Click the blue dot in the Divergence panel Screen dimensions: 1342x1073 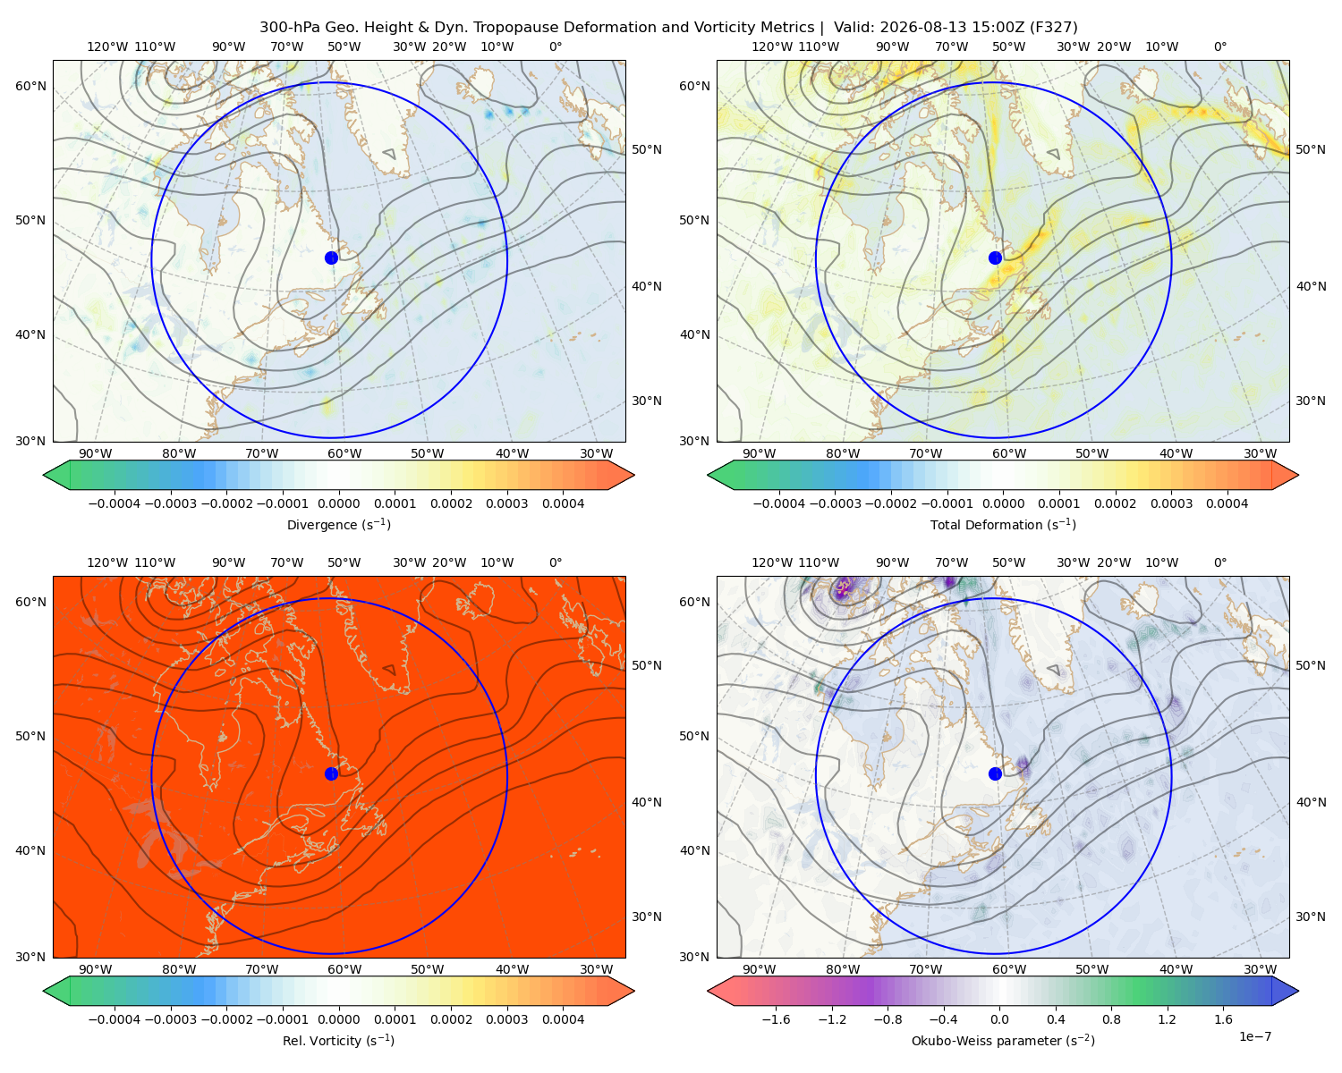[x=331, y=258]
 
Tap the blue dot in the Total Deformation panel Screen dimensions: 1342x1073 [x=995, y=258]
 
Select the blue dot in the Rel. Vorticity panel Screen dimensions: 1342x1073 [x=331, y=773]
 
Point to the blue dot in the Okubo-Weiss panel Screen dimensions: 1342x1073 [x=995, y=773]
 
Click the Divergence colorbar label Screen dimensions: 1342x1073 [x=338, y=525]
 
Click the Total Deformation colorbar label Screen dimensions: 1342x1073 [x=1003, y=525]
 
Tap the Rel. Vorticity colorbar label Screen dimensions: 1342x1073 [x=338, y=1041]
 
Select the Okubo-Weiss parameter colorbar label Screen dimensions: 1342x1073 [x=1003, y=1041]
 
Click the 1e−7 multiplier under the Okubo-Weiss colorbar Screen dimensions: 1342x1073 [x=1254, y=1037]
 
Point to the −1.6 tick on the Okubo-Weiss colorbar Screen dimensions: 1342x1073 [x=776, y=1019]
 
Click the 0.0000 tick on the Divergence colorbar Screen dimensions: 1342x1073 [x=338, y=503]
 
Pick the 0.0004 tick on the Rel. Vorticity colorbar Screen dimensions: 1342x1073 [x=563, y=1019]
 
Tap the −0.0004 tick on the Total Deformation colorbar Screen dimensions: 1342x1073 [x=779, y=503]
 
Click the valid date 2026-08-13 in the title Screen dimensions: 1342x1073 [x=923, y=28]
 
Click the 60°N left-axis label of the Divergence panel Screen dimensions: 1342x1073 [x=30, y=86]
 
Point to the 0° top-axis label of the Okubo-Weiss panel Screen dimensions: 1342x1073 [x=1219, y=562]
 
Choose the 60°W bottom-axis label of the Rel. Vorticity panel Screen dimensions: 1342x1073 [x=344, y=969]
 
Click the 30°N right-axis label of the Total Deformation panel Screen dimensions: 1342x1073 [x=1310, y=401]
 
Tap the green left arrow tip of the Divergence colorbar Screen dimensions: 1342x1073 [x=44, y=475]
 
